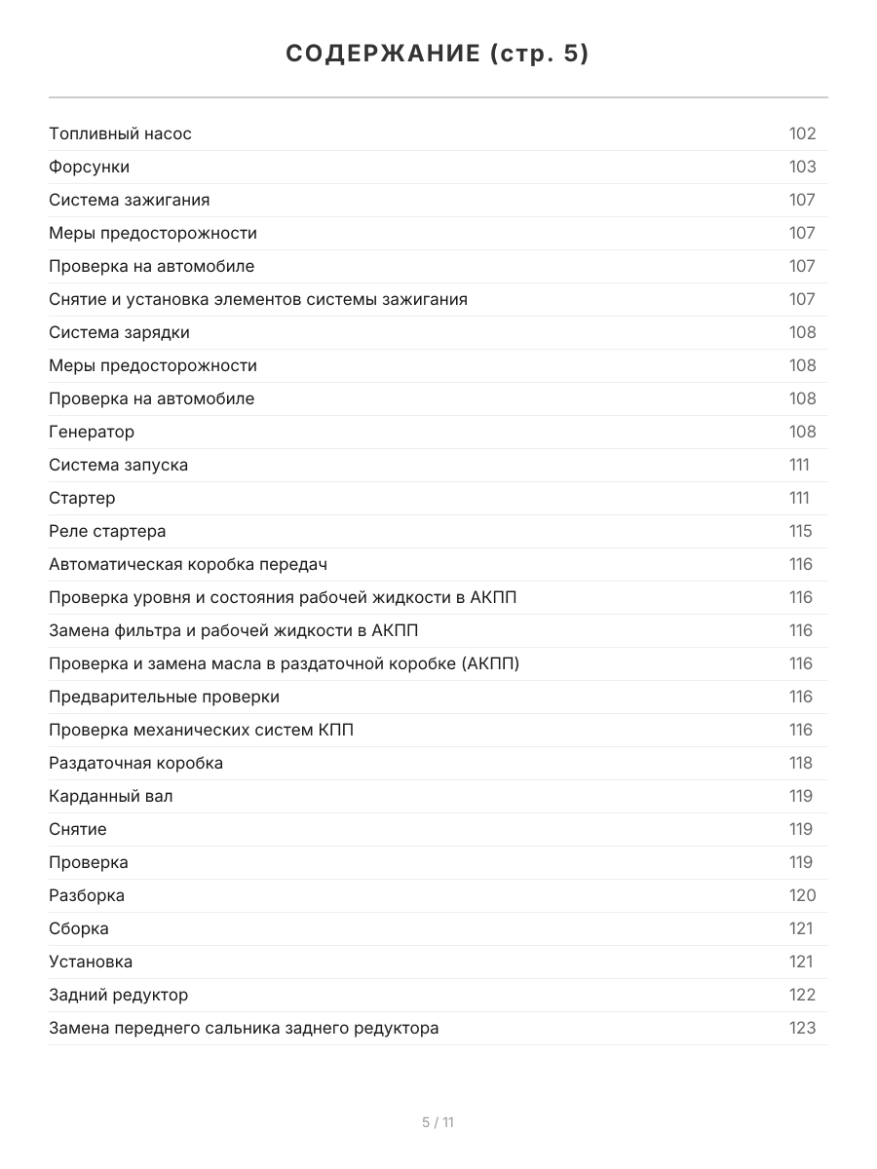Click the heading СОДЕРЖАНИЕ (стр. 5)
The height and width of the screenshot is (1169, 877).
click(x=438, y=55)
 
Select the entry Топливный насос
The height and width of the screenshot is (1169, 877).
click(x=120, y=134)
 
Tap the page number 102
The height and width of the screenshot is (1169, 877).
click(x=802, y=134)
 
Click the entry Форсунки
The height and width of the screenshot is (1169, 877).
click(x=89, y=168)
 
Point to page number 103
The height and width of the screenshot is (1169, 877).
click(x=802, y=168)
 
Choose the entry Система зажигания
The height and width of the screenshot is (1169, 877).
click(x=129, y=201)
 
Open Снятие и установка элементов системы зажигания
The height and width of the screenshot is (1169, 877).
click(x=257, y=300)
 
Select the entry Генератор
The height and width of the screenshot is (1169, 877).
click(x=92, y=433)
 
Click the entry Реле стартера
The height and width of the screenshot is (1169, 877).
click(x=107, y=532)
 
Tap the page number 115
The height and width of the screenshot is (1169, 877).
click(x=800, y=532)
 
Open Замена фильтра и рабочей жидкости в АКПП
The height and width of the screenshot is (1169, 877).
click(x=233, y=631)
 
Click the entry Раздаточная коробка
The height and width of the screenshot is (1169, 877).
click(x=135, y=764)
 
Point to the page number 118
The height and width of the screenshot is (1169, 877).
click(x=800, y=764)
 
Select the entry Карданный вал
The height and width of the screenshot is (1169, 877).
click(x=111, y=797)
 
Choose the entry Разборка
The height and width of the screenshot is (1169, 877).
click(x=87, y=896)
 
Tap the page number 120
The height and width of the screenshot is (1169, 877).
click(x=802, y=896)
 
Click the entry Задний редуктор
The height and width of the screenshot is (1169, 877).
click(x=118, y=996)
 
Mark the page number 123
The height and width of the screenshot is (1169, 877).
click(x=802, y=1029)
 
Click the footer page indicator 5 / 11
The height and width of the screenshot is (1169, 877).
click(x=438, y=1122)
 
